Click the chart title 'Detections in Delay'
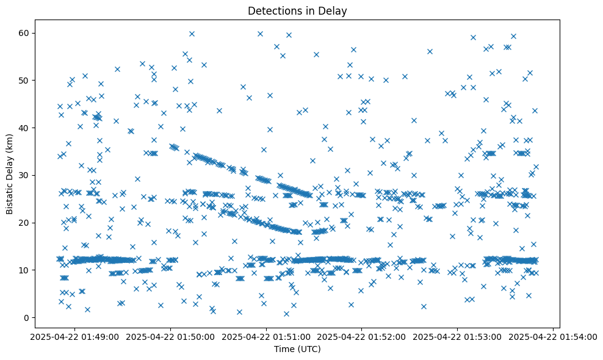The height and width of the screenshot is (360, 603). (x=297, y=10)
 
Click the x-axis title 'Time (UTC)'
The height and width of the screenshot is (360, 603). (x=297, y=350)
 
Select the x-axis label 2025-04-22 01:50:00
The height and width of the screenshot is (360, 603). (x=171, y=337)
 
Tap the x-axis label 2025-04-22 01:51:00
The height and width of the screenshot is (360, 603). (x=266, y=337)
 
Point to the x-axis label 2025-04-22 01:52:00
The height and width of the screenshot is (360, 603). (x=362, y=337)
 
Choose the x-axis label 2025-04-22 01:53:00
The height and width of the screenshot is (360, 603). (x=457, y=337)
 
